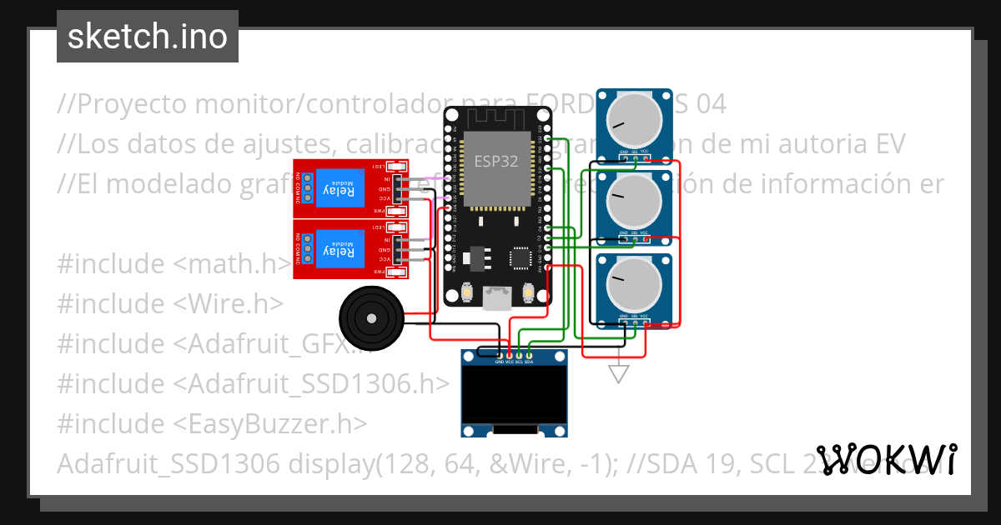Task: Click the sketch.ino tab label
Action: pyautogui.click(x=148, y=37)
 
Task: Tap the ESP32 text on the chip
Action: pyautogui.click(x=497, y=162)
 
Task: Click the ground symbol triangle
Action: pyautogui.click(x=618, y=374)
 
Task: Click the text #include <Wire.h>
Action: pyautogui.click(x=170, y=303)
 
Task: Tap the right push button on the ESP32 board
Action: pyautogui.click(x=528, y=292)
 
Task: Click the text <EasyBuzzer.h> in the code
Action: pyautogui.click(x=269, y=423)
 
